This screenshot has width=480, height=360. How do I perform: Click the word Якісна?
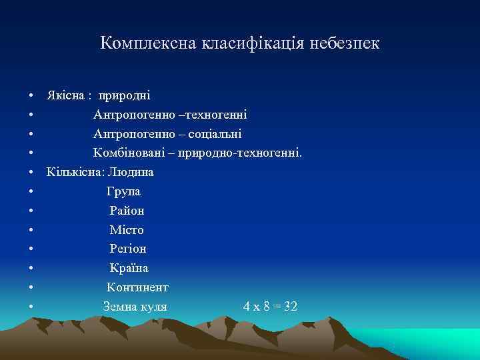coord(65,95)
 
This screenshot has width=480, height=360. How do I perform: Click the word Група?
coord(124,191)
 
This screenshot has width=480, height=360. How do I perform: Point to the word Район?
coord(127,211)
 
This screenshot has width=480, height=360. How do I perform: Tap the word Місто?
coord(127,230)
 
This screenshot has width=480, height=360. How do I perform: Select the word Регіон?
coord(128,249)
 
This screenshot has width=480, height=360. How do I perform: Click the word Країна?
coord(129,268)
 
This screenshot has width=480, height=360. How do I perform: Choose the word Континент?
coord(137,287)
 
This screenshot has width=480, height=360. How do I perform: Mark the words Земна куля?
coord(135,307)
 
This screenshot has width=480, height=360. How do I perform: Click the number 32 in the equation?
coord(290,307)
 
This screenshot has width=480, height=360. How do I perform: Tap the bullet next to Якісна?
coord(31,96)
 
